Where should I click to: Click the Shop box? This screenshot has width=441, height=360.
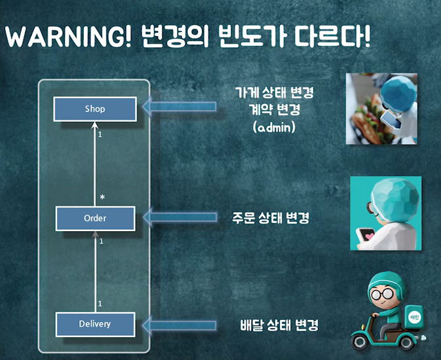tap(95, 109)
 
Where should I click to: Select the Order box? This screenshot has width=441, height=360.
tap(95, 218)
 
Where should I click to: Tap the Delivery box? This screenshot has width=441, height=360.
tap(95, 324)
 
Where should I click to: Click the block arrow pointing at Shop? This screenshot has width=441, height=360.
tap(179, 107)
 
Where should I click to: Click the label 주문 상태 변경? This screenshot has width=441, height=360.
tap(271, 217)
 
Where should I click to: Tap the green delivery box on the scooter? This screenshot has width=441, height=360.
tap(412, 316)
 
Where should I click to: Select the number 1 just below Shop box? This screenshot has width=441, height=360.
tap(100, 135)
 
